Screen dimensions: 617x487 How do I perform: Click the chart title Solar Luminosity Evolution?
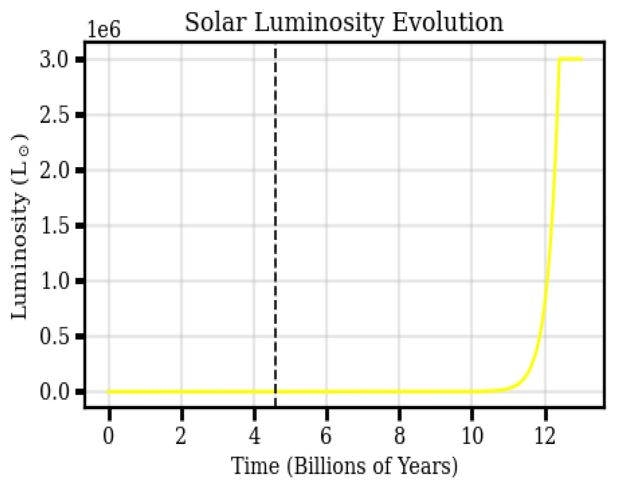coord(344,22)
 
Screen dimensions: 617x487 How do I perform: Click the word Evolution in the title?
coord(448,22)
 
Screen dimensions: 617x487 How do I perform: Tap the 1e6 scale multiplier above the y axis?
coord(104,30)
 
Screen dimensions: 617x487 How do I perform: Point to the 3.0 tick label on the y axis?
coord(54,60)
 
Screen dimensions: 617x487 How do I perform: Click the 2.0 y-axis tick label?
coord(54,170)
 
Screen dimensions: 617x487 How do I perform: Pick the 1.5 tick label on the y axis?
coord(54,226)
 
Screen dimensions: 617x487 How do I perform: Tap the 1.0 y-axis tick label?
coord(54,281)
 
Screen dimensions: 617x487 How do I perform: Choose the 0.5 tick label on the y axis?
coord(54,336)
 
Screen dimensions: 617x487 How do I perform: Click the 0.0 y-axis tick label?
coord(54,392)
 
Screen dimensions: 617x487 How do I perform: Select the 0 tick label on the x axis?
coord(109,436)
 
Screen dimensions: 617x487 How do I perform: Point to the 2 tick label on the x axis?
coord(181,436)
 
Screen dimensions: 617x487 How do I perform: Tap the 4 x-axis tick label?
coord(255,436)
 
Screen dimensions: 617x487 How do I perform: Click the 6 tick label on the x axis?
coord(326,436)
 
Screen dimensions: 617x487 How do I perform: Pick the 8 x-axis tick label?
coord(399,436)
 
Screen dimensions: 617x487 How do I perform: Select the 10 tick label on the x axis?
coord(472,436)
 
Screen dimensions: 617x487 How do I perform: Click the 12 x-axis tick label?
coord(545,436)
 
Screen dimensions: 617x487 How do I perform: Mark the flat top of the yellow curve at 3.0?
coord(571,59)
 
